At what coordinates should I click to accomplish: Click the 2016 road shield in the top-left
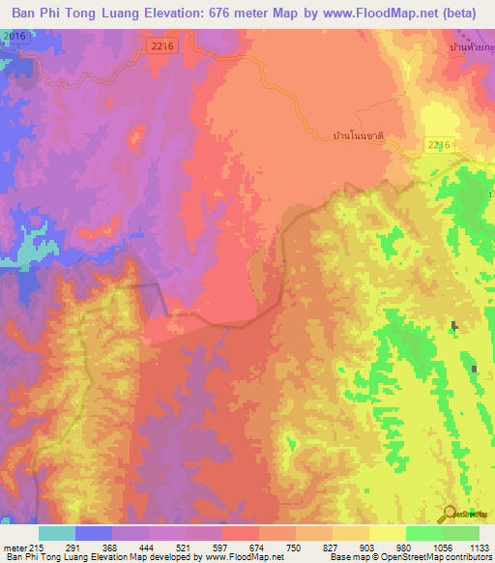pyautogui.click(x=13, y=36)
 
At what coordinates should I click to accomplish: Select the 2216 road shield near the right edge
pyautogui.click(x=438, y=144)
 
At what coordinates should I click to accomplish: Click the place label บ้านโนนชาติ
pyautogui.click(x=359, y=137)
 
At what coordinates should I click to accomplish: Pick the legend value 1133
pyautogui.click(x=480, y=548)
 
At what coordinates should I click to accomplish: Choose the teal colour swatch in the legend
pyautogui.click(x=56, y=533)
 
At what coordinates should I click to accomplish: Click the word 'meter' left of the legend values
pyautogui.click(x=15, y=548)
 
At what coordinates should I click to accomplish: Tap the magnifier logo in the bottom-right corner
pyautogui.click(x=449, y=514)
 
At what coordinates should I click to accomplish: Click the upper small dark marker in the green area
pyautogui.click(x=452, y=327)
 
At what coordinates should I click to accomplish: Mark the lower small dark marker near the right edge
pyautogui.click(x=474, y=369)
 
